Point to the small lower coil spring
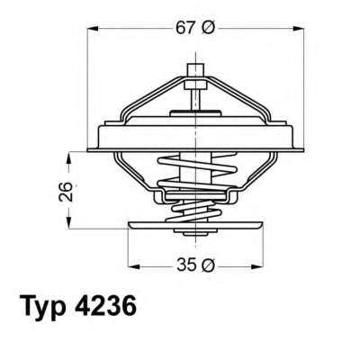pos(192,214)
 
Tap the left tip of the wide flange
pos(90,147)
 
